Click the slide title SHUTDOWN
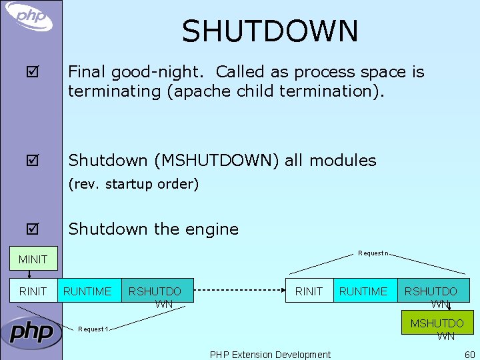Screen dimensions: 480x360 (270, 31)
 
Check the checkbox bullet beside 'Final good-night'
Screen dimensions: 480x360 (33, 72)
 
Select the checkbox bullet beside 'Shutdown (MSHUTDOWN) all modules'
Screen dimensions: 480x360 (33, 161)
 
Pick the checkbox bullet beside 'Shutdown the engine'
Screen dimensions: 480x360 (33, 229)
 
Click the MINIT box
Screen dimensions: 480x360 (33, 259)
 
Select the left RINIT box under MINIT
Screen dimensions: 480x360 (33, 291)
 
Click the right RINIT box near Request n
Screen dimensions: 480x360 (309, 291)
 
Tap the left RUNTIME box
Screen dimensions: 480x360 (87, 291)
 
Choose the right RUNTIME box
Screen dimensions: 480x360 (363, 291)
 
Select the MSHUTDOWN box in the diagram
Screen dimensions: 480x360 (437, 324)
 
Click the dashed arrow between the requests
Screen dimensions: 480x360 (239, 291)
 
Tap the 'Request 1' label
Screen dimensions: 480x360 (93, 329)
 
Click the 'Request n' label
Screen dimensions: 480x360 (373, 253)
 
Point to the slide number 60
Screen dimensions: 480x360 (469, 355)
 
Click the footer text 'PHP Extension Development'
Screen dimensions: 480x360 (270, 355)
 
